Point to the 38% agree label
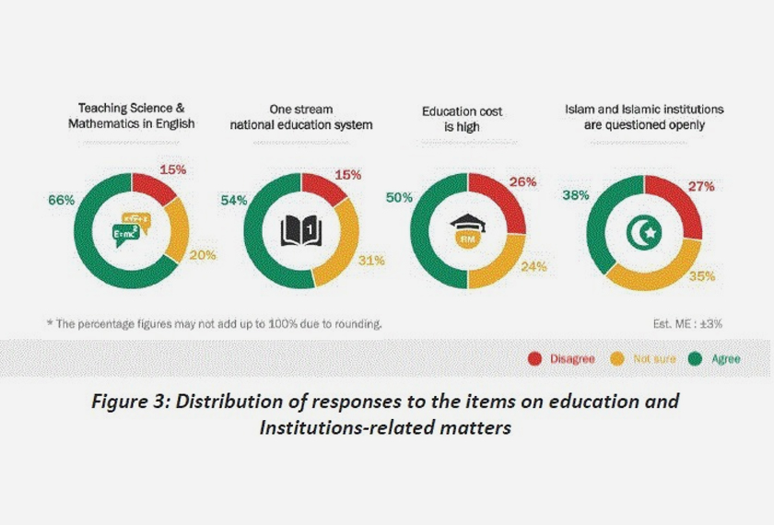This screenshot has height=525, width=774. tap(575, 194)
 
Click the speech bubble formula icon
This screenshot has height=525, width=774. tap(131, 226)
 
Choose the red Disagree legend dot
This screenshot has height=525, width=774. tap(533, 358)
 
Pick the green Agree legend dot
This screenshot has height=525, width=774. tap(698, 358)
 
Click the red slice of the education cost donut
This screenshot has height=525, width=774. tap(502, 197)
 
